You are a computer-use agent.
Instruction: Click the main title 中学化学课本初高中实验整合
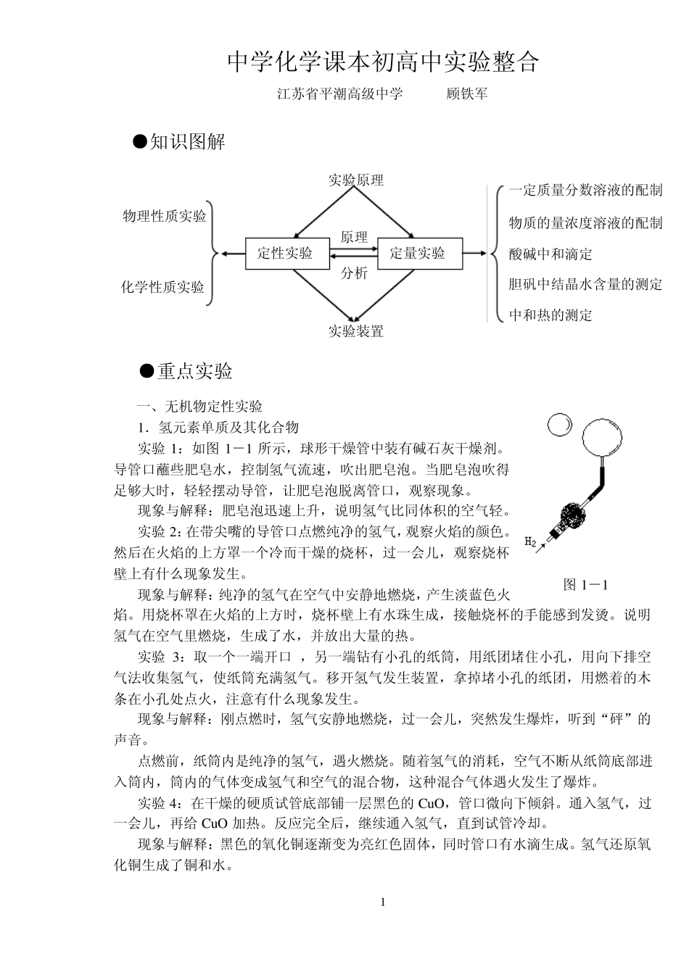384,62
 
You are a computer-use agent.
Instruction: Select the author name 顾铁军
467,94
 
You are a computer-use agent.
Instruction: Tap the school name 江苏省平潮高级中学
339,94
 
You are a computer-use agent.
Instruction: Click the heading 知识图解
188,142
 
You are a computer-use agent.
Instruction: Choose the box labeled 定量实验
417,253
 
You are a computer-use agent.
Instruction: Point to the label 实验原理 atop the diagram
355,180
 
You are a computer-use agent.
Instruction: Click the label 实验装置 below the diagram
355,331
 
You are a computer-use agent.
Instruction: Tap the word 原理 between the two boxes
354,238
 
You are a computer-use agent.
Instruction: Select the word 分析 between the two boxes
354,273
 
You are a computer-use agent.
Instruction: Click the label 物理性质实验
164,216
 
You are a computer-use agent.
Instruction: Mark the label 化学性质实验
162,287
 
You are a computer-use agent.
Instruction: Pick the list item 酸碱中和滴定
550,254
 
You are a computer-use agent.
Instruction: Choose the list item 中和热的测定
550,315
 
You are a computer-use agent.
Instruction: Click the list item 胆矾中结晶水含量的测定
585,284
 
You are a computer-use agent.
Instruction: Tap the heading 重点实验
195,371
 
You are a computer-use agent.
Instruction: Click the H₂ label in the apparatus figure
530,541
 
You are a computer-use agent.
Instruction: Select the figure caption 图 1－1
585,584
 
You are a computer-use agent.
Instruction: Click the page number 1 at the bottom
384,902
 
